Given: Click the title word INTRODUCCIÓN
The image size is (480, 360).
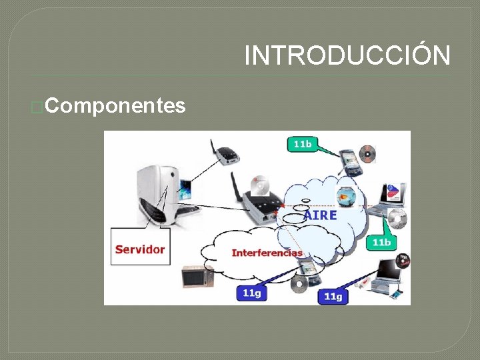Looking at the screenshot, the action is (347, 55).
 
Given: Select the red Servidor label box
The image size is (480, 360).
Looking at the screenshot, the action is (140, 248).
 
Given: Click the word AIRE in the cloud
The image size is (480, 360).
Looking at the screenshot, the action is (321, 215).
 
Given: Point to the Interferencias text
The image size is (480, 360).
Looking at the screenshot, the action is (267, 253).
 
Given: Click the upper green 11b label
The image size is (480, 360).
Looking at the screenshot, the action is (303, 144).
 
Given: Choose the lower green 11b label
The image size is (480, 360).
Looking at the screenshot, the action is (381, 242).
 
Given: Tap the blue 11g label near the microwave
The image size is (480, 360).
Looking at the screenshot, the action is (251, 293).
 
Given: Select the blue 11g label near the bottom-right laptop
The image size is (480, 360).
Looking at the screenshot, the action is (333, 295).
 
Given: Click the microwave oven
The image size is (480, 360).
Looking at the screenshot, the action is (197, 275).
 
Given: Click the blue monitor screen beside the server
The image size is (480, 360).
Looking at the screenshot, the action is (185, 190).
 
